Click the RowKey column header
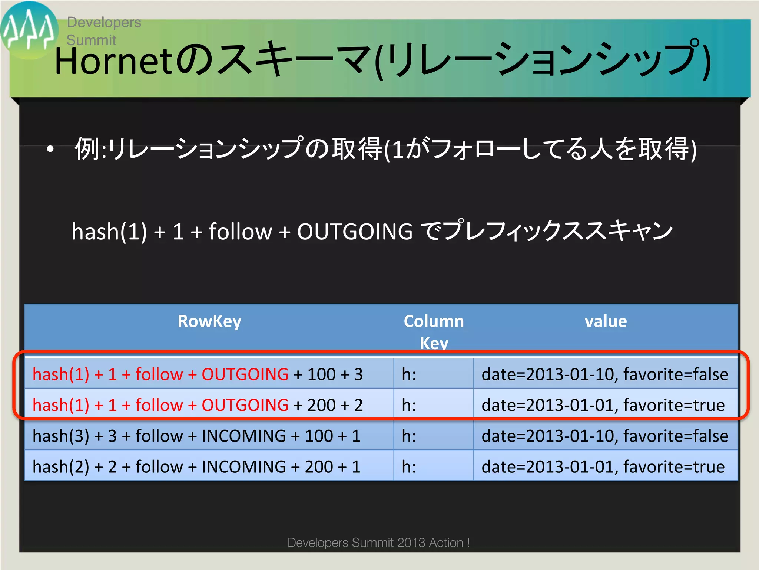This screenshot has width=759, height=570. [209, 321]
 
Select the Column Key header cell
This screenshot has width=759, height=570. [434, 331]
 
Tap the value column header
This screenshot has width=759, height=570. [606, 321]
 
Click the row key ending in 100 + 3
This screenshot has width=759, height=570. [198, 374]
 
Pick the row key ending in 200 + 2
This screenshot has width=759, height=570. [198, 405]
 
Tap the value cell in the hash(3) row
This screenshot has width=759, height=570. [605, 436]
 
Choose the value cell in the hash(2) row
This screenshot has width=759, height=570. [603, 466]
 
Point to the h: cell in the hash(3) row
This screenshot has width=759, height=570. [409, 436]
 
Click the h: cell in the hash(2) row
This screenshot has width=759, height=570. [409, 466]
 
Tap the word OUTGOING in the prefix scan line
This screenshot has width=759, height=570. [355, 232]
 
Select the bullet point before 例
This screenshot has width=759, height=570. [50, 150]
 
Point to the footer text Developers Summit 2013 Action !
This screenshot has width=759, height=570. [378, 543]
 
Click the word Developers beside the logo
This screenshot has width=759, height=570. [104, 22]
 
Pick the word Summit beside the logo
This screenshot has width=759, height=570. [91, 40]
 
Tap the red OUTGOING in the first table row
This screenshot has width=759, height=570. [245, 374]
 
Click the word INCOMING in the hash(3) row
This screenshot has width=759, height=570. [243, 436]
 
